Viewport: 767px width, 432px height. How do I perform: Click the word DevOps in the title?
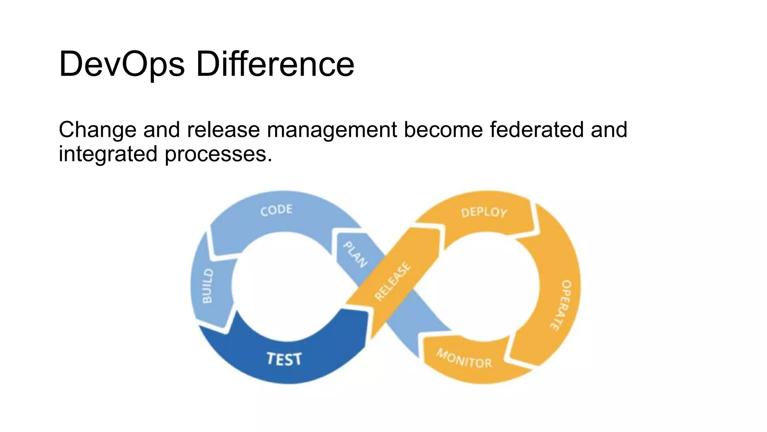tap(122, 64)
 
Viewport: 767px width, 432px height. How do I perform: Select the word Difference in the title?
tap(275, 64)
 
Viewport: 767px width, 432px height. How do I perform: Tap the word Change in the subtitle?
tap(97, 130)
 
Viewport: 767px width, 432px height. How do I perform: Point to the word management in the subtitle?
tap(332, 130)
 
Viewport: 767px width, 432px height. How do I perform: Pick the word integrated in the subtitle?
tap(108, 154)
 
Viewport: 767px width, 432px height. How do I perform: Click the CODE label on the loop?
tap(276, 210)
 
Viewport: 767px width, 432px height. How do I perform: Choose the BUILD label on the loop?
tap(207, 286)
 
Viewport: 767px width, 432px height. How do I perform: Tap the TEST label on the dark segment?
tap(284, 359)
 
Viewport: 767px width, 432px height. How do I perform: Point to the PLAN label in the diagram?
tap(355, 254)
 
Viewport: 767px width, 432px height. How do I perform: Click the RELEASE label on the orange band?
tap(393, 281)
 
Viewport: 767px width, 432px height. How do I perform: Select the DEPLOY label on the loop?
tap(484, 213)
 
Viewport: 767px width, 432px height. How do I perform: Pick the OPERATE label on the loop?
tap(562, 304)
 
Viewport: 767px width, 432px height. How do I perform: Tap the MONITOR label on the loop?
tap(464, 358)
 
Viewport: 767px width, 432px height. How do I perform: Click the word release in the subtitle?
tap(224, 130)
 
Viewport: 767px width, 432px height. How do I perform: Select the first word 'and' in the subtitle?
tap(161, 130)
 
